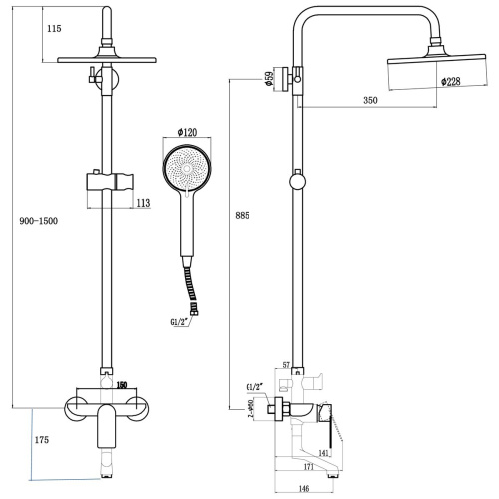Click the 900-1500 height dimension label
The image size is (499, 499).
37,221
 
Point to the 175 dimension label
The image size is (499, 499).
41,439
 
